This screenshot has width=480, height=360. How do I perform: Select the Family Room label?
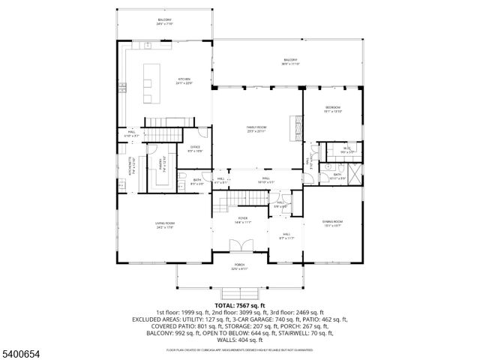(256, 130)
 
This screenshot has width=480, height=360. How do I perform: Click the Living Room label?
(165, 225)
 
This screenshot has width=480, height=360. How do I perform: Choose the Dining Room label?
(332, 223)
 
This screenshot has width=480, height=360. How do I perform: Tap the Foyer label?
(242, 220)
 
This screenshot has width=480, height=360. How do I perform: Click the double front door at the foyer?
(238, 248)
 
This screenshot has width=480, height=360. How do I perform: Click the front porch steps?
(239, 293)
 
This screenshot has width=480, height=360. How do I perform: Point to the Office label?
(195, 148)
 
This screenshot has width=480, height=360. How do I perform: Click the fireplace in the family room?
(298, 128)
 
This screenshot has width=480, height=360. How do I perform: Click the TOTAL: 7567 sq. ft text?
(239, 306)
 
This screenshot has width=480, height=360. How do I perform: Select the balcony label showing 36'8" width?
(290, 62)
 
